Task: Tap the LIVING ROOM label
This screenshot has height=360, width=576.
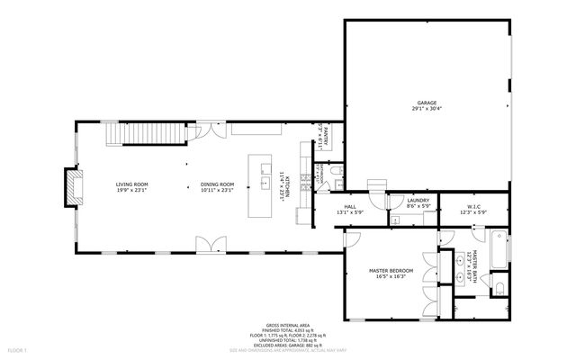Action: coord(131,184)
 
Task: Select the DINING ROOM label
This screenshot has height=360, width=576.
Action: coord(217,184)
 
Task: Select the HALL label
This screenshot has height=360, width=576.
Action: coord(350,207)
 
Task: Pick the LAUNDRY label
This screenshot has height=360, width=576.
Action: coord(418,201)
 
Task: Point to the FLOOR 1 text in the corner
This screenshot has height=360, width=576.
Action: coord(18,348)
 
